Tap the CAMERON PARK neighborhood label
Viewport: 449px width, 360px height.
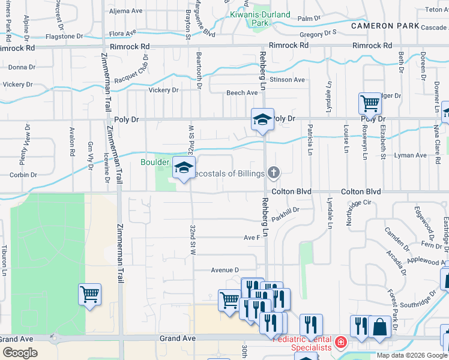click(x=381, y=26)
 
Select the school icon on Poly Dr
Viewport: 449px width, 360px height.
click(x=262, y=119)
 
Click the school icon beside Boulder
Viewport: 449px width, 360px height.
click(x=184, y=167)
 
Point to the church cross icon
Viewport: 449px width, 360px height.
click(x=274, y=173)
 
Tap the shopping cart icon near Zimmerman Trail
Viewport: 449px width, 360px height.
click(x=89, y=295)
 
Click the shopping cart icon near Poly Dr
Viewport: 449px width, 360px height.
click(x=370, y=104)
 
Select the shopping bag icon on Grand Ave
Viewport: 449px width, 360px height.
click(x=379, y=328)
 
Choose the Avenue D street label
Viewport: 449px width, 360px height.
click(x=224, y=270)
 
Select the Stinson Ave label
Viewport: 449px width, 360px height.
click(x=287, y=79)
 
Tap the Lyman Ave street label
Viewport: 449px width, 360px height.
click(x=411, y=155)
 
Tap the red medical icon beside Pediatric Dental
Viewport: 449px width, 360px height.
click(x=341, y=343)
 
